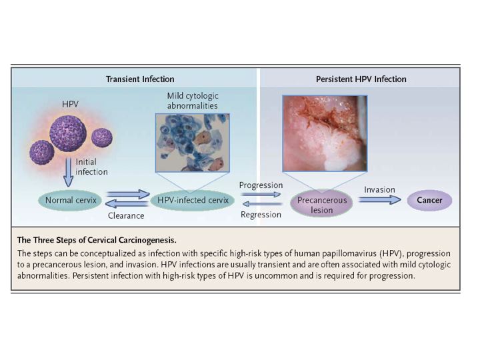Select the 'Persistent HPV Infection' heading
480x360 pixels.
tap(361, 79)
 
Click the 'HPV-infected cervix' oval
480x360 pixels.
tap(193, 199)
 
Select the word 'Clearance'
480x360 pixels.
tap(126, 215)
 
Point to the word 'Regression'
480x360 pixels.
tap(261, 215)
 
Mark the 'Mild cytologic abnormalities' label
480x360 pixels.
tap(192, 100)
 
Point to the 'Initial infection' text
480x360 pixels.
tap(91, 166)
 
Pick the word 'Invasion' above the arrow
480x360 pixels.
tap(379, 189)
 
